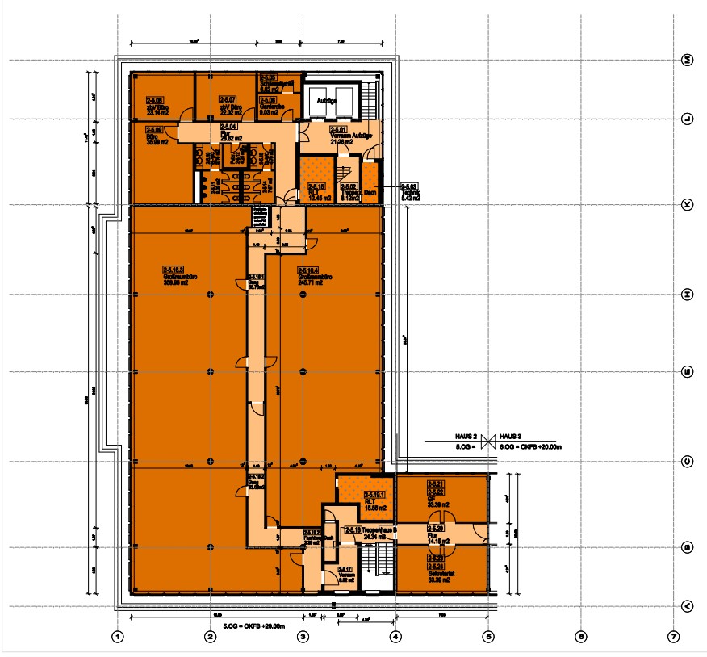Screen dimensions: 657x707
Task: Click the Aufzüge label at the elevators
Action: [326, 101]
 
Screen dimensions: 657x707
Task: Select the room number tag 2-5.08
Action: [155, 100]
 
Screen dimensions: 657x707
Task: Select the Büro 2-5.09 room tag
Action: [155, 129]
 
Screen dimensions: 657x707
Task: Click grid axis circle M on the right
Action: [688, 61]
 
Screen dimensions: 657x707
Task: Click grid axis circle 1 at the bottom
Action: [118, 637]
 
